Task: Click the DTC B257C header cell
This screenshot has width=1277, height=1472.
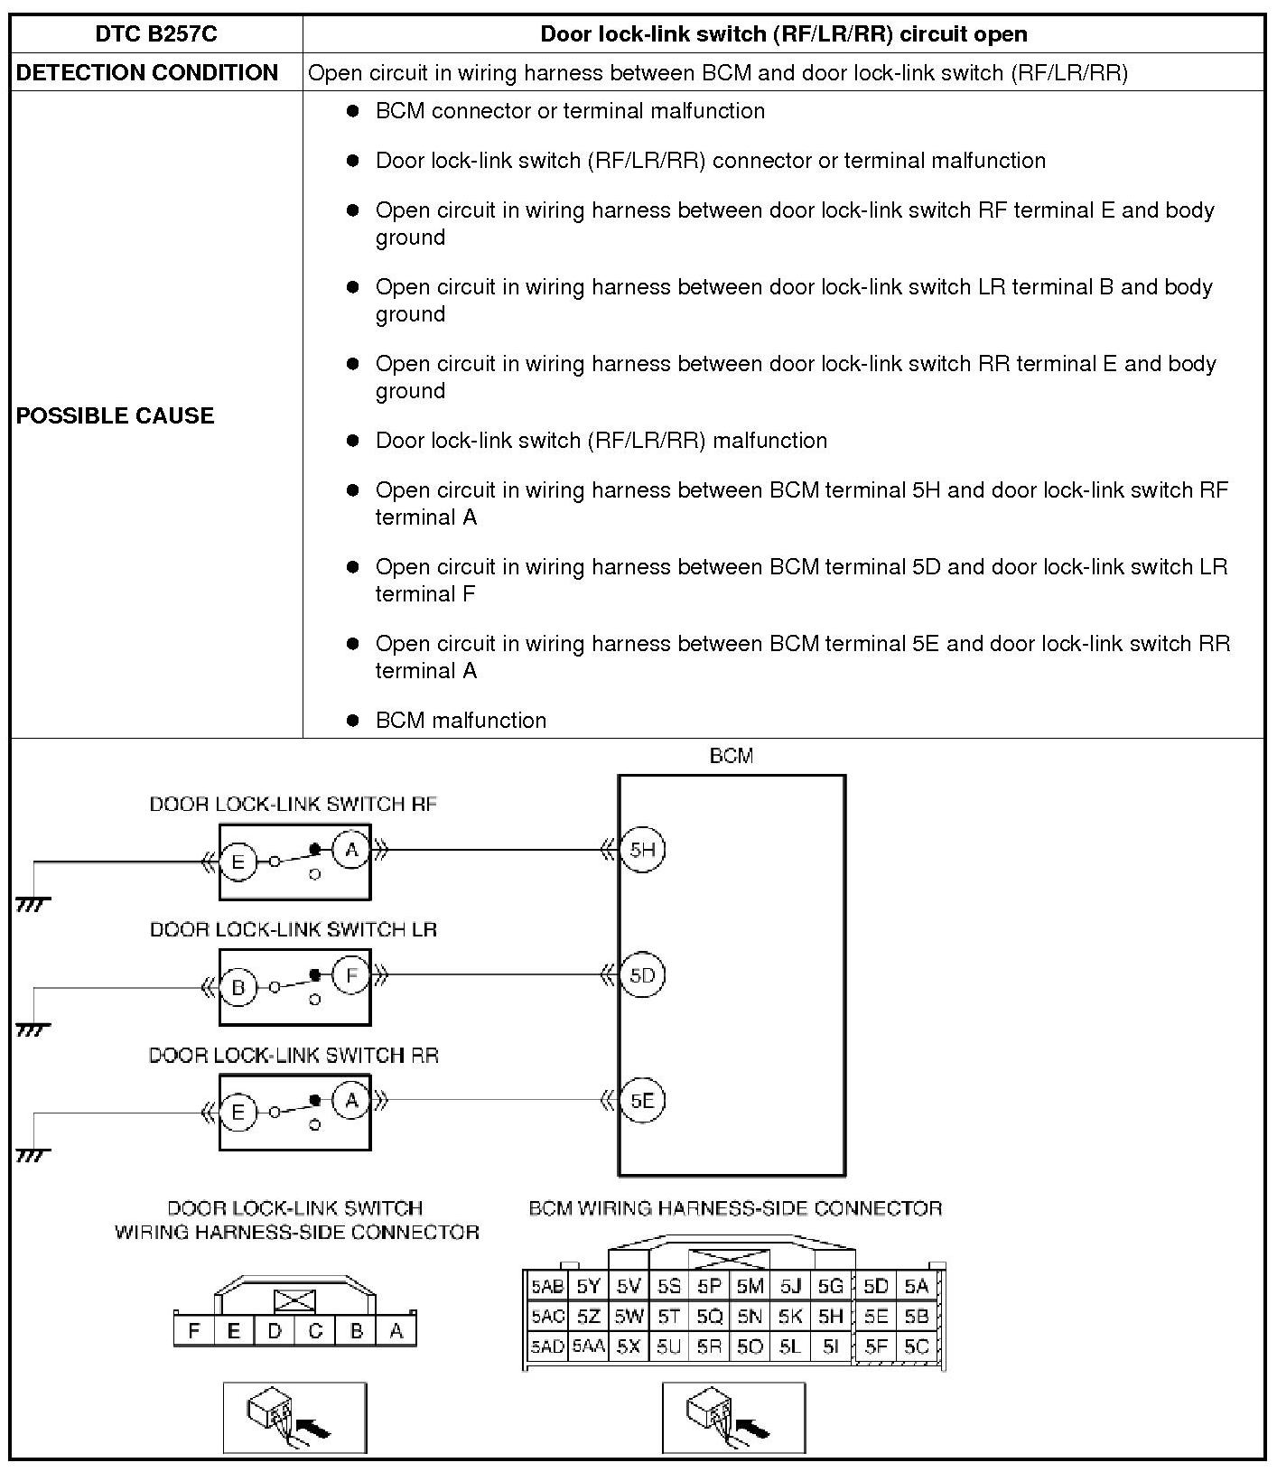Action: tap(156, 34)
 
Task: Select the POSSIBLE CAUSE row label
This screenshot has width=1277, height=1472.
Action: tap(115, 415)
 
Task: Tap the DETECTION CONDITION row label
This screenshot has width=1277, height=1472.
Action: tap(147, 72)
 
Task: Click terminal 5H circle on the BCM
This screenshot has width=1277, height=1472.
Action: tap(642, 850)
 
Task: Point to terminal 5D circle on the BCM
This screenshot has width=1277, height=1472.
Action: tap(642, 975)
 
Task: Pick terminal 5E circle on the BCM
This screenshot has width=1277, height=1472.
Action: tap(642, 1101)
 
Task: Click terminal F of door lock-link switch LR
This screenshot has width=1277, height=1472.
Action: tap(351, 975)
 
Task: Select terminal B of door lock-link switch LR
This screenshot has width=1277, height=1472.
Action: tap(238, 987)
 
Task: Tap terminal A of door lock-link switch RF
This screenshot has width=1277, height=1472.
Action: tap(351, 850)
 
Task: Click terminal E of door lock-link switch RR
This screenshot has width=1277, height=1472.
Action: tap(238, 1113)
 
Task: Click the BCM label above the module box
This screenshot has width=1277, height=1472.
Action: tap(731, 756)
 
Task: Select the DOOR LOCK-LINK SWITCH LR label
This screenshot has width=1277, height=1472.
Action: tap(294, 929)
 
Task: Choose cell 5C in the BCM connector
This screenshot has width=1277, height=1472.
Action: tap(916, 1346)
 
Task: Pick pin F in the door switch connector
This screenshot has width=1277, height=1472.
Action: tap(193, 1330)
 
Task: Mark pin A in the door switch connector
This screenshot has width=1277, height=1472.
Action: tap(396, 1330)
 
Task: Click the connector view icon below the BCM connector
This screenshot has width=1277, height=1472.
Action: tap(733, 1417)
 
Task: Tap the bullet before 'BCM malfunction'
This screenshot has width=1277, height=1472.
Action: tap(353, 721)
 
